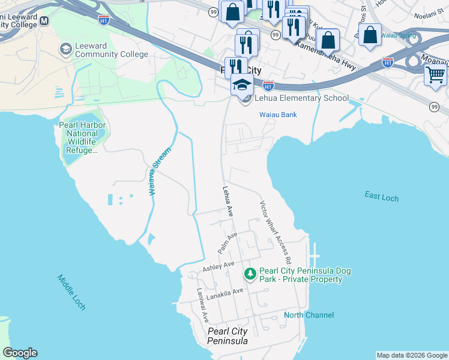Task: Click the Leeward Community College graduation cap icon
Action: coord(65,48)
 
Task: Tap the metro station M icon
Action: coord(44,21)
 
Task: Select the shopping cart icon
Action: coord(435,75)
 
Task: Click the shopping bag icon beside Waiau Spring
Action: coord(371,34)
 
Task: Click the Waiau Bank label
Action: coord(278,115)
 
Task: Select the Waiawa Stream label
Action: coord(159,171)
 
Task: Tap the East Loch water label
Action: coord(381,196)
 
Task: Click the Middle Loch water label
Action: coord(71,292)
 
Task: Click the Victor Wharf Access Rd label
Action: coord(275,232)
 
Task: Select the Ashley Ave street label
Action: coord(218,266)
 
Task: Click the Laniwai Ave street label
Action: coord(202,305)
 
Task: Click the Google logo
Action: coord(20,353)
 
